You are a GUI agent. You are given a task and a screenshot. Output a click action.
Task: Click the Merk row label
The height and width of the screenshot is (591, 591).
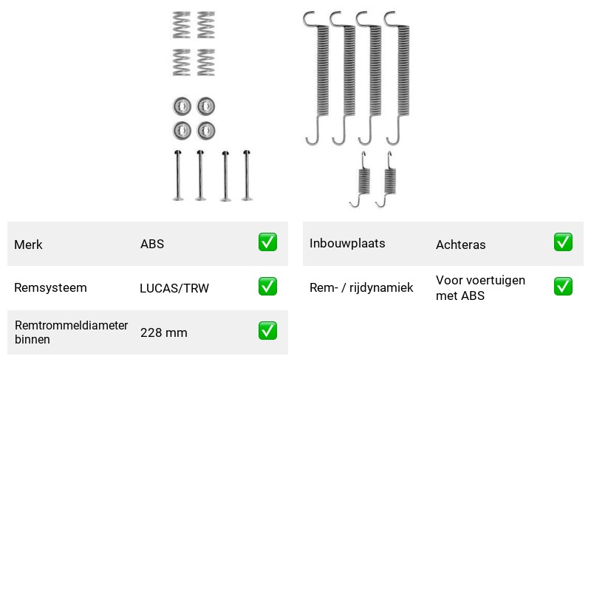[x=28, y=245]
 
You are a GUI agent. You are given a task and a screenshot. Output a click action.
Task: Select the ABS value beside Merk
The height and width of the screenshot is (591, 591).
[x=152, y=244]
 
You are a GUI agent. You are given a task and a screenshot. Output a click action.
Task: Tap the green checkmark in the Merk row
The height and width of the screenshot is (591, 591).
[x=267, y=242]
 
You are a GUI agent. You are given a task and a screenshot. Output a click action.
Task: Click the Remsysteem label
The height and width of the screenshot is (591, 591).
[x=50, y=287]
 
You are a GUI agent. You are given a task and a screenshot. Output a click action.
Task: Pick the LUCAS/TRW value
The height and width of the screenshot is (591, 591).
[x=174, y=288]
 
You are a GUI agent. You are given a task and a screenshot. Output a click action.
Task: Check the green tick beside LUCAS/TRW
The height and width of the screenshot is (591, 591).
[x=267, y=287]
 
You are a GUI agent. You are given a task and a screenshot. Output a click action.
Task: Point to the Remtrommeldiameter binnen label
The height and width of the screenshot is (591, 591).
[x=71, y=332]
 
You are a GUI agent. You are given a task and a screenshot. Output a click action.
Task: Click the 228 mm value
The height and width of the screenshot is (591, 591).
[x=164, y=333]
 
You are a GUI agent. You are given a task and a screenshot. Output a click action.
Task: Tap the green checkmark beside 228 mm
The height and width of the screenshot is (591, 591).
[x=267, y=330]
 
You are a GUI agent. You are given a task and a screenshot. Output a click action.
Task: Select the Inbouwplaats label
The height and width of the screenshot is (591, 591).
[x=347, y=244]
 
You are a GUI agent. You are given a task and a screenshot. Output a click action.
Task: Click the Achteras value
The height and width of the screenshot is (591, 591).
[x=460, y=245]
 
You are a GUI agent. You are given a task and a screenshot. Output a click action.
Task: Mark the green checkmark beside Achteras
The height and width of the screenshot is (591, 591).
[x=563, y=242]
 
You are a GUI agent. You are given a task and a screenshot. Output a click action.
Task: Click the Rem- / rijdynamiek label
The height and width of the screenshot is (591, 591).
[x=361, y=287]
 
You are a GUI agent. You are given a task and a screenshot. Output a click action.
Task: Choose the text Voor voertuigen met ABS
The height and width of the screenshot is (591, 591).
[x=481, y=288]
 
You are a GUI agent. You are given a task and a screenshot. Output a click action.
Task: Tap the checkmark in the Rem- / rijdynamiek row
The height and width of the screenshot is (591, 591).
[x=563, y=287]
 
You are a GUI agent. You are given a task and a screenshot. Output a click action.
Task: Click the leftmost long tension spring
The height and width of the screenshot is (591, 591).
[x=321, y=72]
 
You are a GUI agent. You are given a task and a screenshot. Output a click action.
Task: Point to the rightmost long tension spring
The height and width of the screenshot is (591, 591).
[x=403, y=72]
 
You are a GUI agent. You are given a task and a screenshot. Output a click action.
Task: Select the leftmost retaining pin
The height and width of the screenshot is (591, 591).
[x=178, y=175]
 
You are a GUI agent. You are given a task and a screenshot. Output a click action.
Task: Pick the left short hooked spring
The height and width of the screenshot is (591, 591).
[x=363, y=180]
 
